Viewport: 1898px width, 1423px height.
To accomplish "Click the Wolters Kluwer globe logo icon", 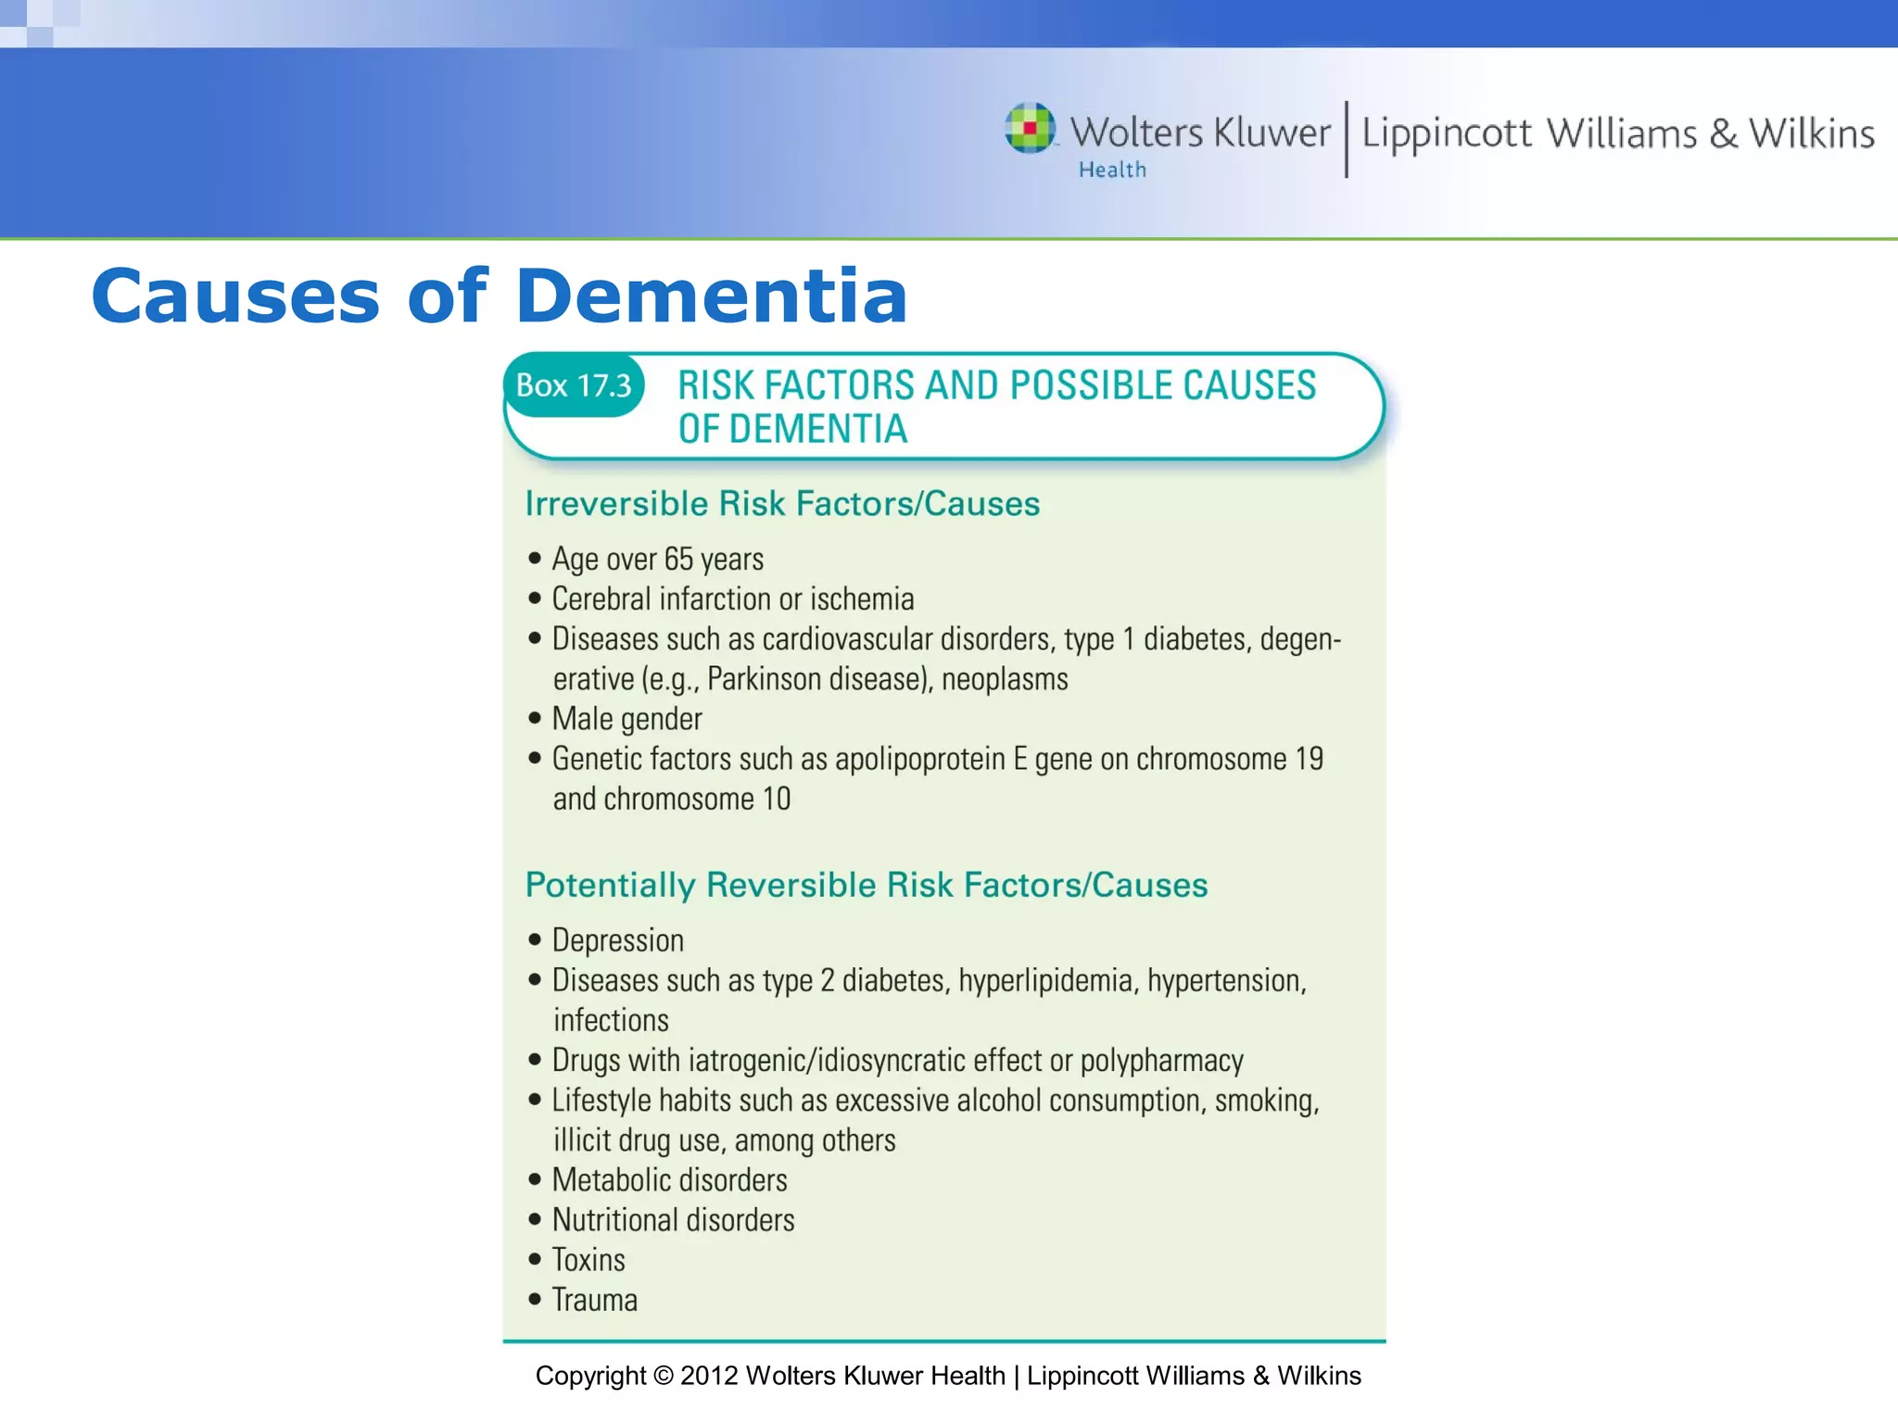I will click(x=1030, y=128).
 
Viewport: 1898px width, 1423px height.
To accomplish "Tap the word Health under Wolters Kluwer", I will click(x=1112, y=170).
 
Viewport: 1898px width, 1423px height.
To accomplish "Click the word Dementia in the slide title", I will click(x=712, y=296).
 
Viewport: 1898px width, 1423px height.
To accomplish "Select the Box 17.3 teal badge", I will click(x=574, y=385).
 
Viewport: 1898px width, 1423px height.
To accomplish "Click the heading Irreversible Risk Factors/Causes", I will click(x=782, y=504).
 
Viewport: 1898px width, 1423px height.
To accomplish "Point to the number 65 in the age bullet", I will click(x=678, y=560).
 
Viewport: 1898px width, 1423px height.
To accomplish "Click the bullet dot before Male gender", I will click(x=535, y=718).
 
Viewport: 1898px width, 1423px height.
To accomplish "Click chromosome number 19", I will click(x=1309, y=760).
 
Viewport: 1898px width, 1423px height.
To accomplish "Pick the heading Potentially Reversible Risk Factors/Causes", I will click(x=866, y=885).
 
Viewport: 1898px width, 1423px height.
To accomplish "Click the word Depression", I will click(x=618, y=940).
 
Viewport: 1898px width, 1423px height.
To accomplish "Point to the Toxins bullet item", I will click(x=588, y=1260).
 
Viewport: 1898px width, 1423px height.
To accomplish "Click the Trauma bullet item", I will click(x=594, y=1300).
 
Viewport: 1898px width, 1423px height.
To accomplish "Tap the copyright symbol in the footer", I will click(x=663, y=1376).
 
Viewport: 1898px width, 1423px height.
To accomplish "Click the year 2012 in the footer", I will click(x=709, y=1376).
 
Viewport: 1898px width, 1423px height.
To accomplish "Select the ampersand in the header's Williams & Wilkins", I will click(x=1724, y=133).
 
